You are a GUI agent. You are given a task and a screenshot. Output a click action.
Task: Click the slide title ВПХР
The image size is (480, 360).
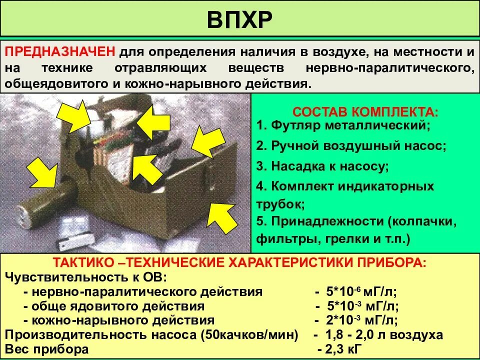click(x=239, y=19)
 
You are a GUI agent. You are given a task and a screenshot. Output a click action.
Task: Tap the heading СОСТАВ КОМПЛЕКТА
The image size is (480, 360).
click(x=365, y=111)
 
